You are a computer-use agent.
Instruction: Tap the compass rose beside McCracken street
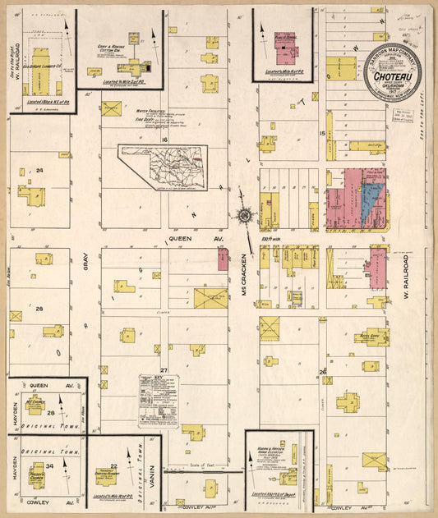tap(245, 216)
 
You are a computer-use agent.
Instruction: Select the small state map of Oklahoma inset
tap(163, 167)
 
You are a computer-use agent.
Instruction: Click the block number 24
tap(39, 171)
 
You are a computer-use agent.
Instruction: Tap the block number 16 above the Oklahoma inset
tap(164, 140)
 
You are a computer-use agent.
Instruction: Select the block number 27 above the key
tap(164, 371)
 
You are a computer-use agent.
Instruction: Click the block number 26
tap(322, 371)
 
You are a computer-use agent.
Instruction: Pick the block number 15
tap(323, 133)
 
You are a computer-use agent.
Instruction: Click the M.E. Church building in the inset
tap(35, 405)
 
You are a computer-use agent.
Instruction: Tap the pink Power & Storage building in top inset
tap(285, 48)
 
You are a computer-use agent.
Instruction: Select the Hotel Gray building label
tap(369, 335)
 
